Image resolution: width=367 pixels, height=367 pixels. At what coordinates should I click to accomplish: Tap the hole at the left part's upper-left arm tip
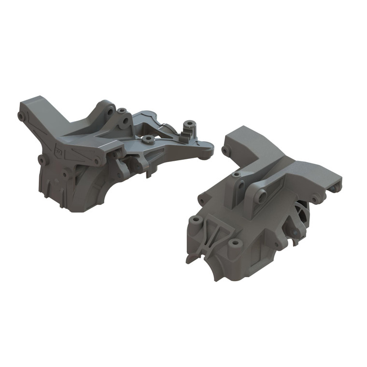[22, 116]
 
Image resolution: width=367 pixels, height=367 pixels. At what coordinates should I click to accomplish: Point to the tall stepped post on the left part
[188, 129]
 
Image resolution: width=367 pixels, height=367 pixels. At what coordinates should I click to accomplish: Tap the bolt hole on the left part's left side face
[41, 159]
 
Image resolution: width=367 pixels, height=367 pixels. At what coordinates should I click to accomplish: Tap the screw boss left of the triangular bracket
[196, 221]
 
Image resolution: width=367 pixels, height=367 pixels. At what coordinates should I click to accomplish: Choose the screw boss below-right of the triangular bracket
[235, 243]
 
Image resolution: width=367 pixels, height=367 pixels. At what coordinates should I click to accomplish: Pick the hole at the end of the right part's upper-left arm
[225, 151]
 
